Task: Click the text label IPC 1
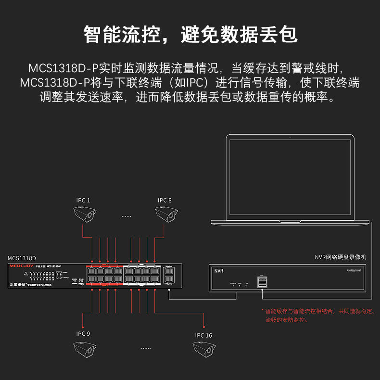pos(83,200)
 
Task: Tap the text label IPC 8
pos(165,200)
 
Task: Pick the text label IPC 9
pos(83,334)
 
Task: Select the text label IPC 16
pos(203,335)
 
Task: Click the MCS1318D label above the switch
pos(22,258)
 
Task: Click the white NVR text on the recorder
pos(219,271)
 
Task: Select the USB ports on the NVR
pos(262,282)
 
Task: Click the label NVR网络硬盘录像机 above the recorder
pos(341,257)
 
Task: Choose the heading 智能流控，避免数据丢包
pos(190,35)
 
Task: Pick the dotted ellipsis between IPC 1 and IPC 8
pos(126,216)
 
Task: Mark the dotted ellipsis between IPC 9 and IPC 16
pos(146,347)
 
